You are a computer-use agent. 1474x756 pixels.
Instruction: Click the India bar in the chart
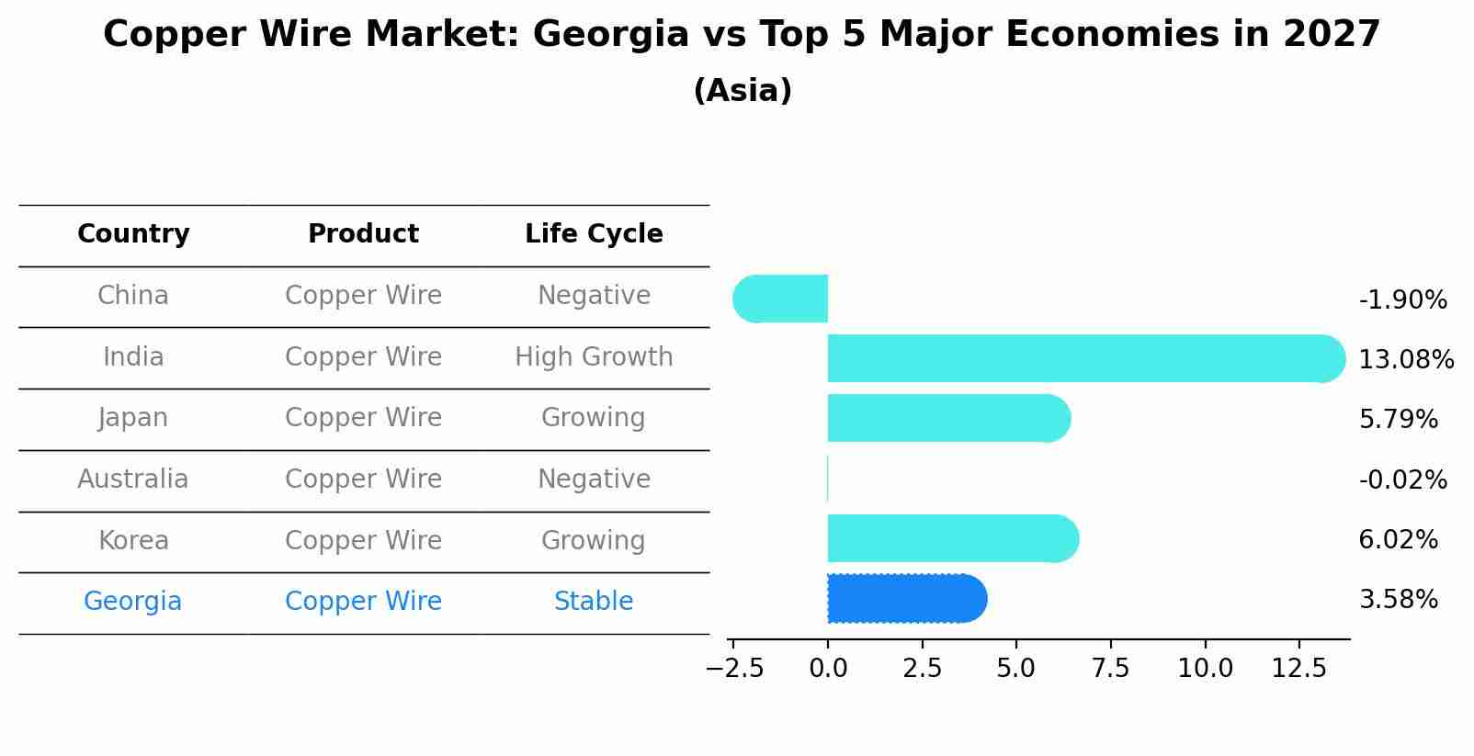coord(1084,358)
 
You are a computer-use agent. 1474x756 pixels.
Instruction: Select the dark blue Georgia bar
coord(905,599)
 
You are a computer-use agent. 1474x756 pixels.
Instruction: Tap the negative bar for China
coord(781,299)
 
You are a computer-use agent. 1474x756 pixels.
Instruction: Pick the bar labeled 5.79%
coord(947,419)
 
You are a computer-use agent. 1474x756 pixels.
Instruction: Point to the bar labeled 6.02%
coord(951,539)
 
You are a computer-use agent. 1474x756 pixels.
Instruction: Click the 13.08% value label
coord(1406,360)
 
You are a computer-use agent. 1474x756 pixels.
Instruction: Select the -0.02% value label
coord(1402,480)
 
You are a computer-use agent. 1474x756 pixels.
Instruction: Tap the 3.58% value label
coord(1398,601)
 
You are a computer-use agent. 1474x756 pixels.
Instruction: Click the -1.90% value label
coord(1402,300)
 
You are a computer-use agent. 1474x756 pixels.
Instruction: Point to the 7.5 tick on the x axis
coord(1110,669)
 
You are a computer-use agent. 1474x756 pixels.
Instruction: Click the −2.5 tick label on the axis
coord(734,669)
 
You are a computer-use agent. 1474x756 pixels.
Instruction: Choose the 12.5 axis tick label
coord(1298,669)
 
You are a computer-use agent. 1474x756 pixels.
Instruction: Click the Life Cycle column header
coord(594,234)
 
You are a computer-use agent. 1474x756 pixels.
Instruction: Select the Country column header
coord(133,234)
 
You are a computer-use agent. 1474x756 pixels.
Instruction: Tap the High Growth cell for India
coord(594,357)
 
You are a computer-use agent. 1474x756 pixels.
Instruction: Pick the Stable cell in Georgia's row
coord(594,602)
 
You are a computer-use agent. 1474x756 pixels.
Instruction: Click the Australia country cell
coord(133,480)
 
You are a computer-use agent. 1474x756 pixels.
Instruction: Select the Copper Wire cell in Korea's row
coord(363,541)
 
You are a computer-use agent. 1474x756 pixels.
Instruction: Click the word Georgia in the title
coord(610,35)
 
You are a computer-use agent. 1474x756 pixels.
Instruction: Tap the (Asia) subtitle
coord(743,91)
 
